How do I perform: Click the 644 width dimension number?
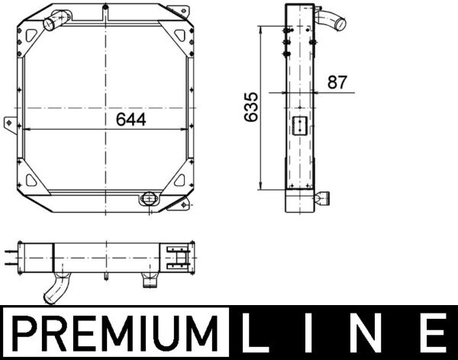131,120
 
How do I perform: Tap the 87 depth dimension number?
337,82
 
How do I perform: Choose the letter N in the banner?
376,335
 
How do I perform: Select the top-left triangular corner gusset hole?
32,34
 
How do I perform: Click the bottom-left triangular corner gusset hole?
32,181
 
